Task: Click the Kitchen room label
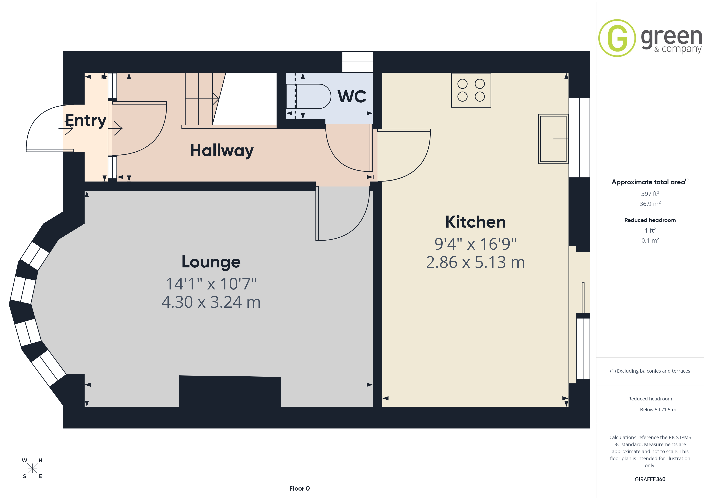[x=475, y=222]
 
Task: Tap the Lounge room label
[x=211, y=262]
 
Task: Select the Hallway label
[x=222, y=151]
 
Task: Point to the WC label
[x=352, y=96]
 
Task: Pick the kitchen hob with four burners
[x=471, y=90]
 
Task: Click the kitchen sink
[x=553, y=139]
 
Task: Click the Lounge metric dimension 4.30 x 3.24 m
[x=211, y=302]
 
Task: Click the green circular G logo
[x=617, y=38]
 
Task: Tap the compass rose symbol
[x=32, y=469]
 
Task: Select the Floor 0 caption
[x=299, y=488]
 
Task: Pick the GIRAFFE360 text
[x=650, y=479]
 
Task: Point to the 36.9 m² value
[x=650, y=204]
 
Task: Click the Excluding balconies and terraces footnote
[x=650, y=371]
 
